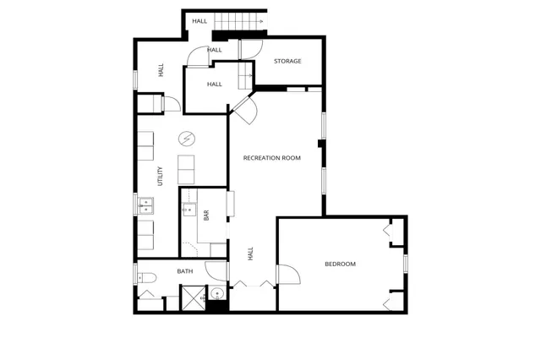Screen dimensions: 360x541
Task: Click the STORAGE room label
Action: click(287, 61)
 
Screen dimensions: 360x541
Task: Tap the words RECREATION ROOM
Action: click(272, 158)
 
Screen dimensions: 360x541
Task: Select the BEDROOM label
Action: click(340, 265)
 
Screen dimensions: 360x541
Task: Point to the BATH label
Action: click(185, 271)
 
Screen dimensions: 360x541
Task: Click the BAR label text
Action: click(205, 215)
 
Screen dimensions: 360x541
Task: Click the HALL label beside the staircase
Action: click(199, 20)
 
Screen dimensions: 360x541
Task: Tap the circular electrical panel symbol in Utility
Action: click(186, 139)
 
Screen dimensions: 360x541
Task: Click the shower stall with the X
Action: click(192, 297)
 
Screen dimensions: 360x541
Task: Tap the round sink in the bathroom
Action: click(216, 295)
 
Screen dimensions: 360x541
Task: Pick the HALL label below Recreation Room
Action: click(250, 254)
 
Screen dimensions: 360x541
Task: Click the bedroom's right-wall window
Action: click(405, 263)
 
